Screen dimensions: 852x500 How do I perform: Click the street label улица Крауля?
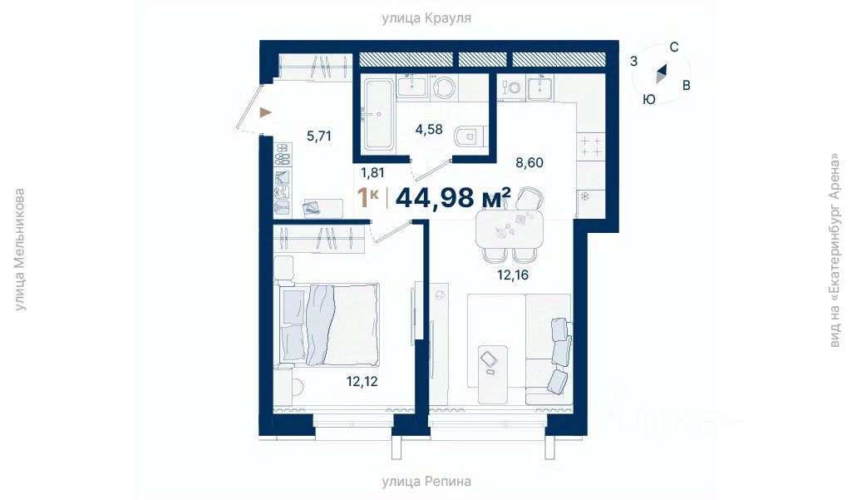tap(426, 18)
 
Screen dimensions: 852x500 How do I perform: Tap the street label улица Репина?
tap(426, 481)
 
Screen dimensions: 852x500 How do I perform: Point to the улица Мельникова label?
tap(20, 250)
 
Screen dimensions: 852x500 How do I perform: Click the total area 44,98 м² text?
tap(453, 197)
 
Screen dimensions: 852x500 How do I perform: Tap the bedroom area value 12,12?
tap(362, 381)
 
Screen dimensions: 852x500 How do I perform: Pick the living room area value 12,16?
tap(512, 275)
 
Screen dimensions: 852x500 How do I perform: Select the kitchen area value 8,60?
tap(529, 162)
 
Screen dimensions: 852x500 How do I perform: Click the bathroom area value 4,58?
tap(429, 130)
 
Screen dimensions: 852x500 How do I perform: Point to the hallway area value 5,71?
tap(319, 136)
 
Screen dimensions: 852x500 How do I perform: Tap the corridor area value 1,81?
tap(372, 173)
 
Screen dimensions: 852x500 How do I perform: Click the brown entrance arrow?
tap(265, 112)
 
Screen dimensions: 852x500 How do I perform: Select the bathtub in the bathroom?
tap(378, 115)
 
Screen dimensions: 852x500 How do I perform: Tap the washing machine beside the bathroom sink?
tap(445, 87)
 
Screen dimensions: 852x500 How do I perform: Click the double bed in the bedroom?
tap(328, 324)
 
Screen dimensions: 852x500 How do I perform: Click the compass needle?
tap(661, 73)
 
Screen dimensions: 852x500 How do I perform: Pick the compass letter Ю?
tap(649, 100)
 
